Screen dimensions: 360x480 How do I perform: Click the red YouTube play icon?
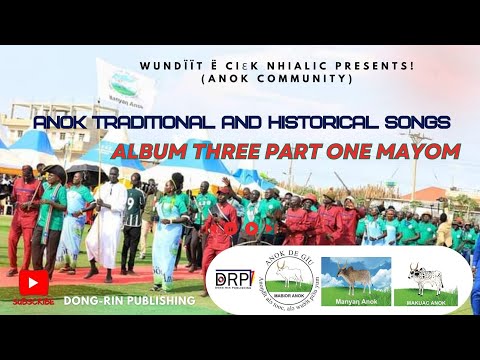pyautogui.click(x=33, y=283)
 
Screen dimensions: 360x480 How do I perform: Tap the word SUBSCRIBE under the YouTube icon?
pyautogui.click(x=33, y=299)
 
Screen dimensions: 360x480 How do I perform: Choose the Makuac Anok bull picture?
pyautogui.click(x=432, y=280)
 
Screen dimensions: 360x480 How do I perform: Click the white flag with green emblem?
pyautogui.click(x=126, y=86)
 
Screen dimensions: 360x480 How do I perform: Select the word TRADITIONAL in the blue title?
pyautogui.click(x=139, y=122)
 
